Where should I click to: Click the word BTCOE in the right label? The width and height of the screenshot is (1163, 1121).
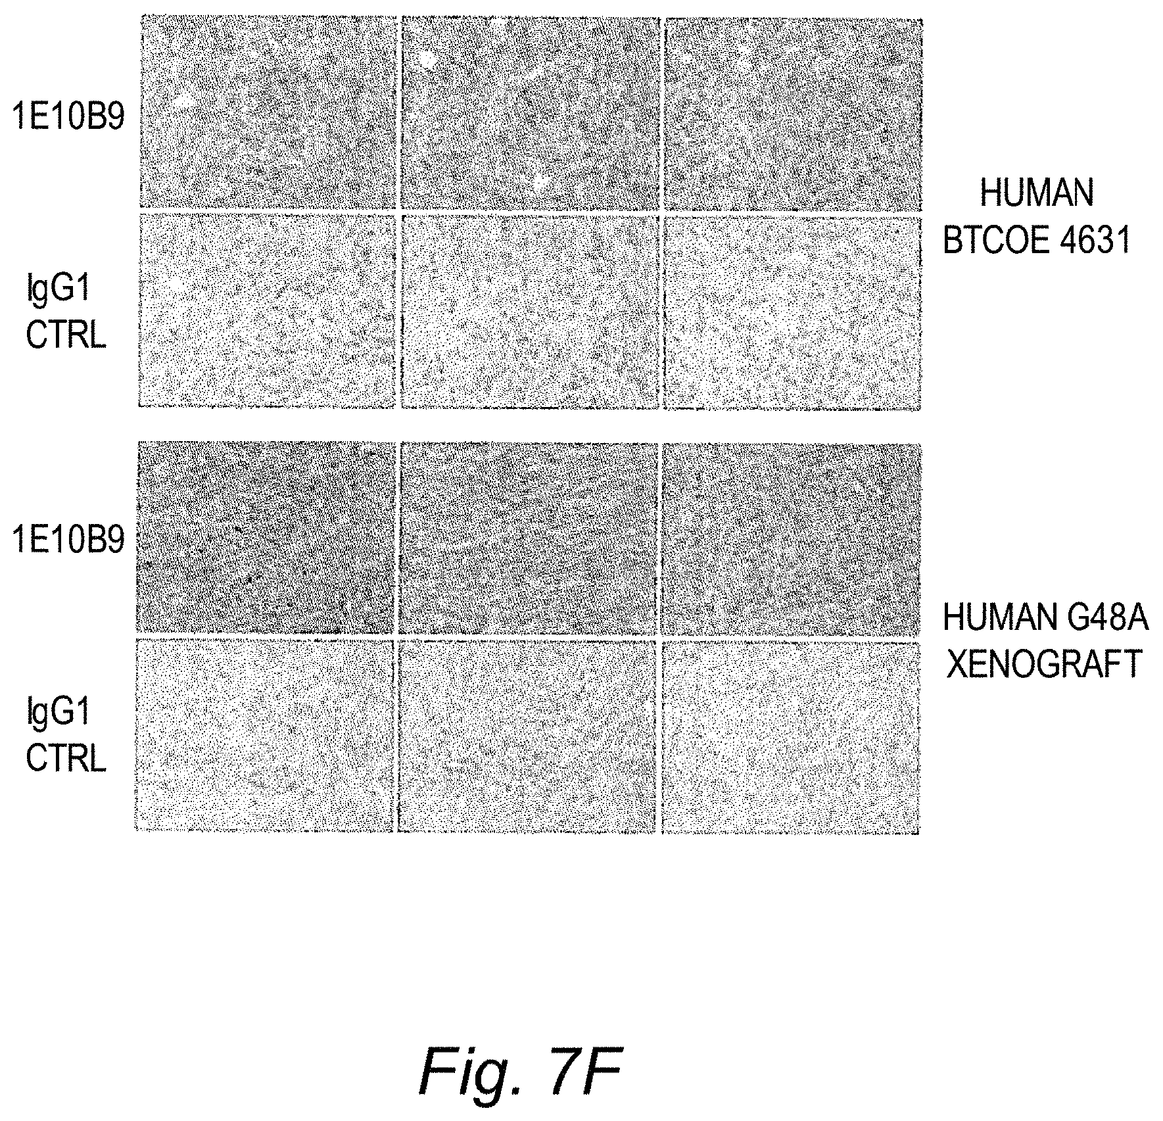click(x=985, y=240)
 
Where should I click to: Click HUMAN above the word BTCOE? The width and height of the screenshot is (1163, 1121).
click(x=1037, y=193)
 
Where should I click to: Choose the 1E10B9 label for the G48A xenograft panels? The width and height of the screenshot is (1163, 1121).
click(x=68, y=540)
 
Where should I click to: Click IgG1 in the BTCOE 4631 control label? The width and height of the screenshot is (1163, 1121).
click(x=58, y=289)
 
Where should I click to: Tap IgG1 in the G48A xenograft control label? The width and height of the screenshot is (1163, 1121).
click(x=58, y=712)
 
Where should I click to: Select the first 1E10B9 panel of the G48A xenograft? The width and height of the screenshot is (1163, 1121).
click(x=266, y=539)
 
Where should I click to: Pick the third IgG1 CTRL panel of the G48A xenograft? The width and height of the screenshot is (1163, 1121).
click(x=790, y=736)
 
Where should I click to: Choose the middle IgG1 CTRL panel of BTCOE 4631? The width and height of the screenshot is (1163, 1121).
click(x=530, y=312)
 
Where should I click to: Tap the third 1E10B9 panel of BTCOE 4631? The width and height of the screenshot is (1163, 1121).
click(x=793, y=114)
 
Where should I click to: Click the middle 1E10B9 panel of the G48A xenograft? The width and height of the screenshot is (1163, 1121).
click(x=529, y=539)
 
